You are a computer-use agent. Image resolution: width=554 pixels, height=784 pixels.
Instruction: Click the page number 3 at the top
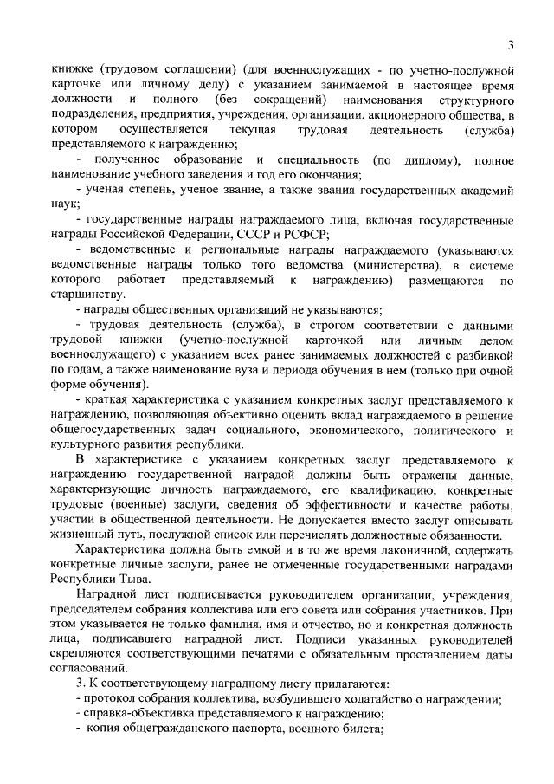pos(511,45)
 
